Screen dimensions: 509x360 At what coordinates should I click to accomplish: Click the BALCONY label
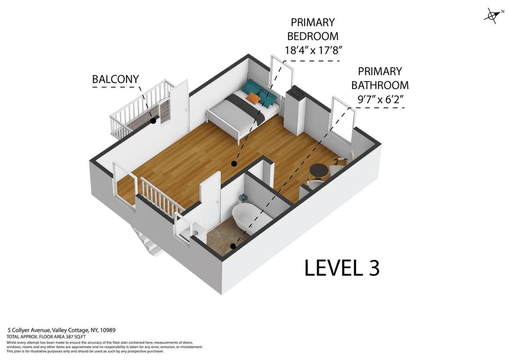pos(115,79)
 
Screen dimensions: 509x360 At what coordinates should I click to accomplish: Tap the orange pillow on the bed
pos(253,97)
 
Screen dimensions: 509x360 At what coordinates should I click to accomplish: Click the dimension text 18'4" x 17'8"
pos(313,50)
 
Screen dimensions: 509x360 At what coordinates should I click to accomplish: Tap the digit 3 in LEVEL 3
pos(374,268)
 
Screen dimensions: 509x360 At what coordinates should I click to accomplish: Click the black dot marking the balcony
pos(153,121)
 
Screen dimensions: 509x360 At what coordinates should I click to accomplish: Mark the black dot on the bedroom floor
pos(233,164)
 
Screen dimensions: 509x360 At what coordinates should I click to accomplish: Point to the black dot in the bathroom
pos(233,246)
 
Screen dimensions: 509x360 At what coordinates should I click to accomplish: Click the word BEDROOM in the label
pos(312,36)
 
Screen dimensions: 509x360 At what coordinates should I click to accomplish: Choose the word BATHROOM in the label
pos(380,85)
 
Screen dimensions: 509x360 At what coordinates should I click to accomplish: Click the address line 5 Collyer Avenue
pos(61,330)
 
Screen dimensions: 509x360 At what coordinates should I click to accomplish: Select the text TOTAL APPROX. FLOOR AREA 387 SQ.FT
pos(46,337)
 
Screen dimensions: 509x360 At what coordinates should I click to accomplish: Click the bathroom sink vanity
pos(194,231)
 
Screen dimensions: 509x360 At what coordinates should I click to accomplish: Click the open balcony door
pos(179,104)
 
